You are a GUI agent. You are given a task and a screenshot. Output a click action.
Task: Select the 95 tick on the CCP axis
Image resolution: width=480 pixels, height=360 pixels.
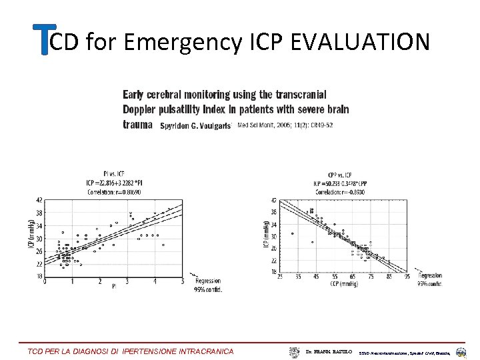(x=407, y=277)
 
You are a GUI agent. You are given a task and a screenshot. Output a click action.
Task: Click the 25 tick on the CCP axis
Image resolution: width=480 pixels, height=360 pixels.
(x=280, y=277)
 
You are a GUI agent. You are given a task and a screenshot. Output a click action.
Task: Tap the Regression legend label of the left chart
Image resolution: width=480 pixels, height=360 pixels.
(x=207, y=282)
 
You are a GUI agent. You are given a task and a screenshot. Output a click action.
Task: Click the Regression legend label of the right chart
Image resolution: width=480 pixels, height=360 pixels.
(x=429, y=275)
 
